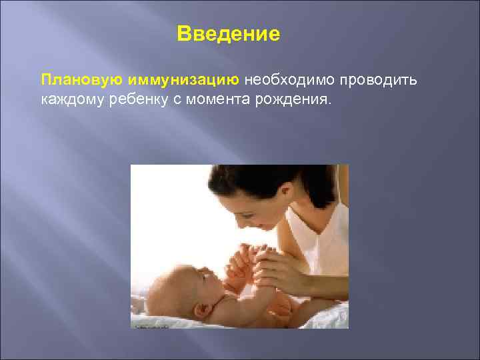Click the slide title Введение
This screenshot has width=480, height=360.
pos(229,33)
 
